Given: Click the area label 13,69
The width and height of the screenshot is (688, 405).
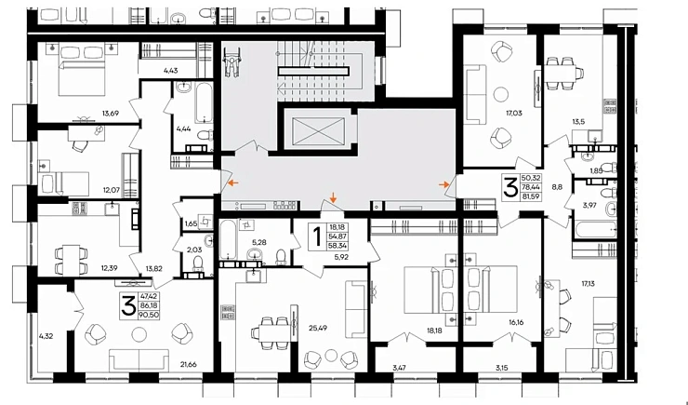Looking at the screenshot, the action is click(111, 114).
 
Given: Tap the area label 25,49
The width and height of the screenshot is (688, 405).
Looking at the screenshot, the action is click(318, 328).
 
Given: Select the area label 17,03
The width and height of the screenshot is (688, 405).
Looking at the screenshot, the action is click(514, 114).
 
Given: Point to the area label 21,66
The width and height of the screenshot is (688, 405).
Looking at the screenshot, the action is click(189, 364).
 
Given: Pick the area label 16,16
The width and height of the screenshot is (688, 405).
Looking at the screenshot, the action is click(516, 322).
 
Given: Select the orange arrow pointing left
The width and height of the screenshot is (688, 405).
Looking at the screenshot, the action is click(233, 182).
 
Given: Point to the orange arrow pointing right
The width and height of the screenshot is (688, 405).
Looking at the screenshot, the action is click(443, 184).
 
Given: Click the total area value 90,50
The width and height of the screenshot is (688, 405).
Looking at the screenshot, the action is click(149, 315).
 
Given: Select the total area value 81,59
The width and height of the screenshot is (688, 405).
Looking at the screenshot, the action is click(531, 196).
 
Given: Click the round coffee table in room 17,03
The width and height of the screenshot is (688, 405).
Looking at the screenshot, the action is click(501, 94).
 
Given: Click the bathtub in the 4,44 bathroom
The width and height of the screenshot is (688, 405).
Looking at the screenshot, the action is click(204, 102).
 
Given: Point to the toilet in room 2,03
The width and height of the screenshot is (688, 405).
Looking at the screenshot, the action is click(198, 263).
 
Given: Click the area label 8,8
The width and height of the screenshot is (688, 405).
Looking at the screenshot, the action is click(557, 187).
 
